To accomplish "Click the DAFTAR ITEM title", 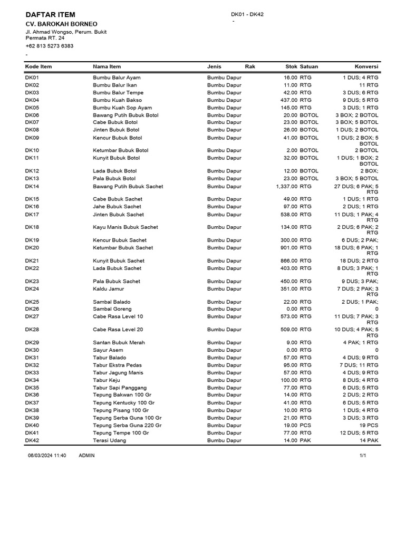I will tap(51, 15).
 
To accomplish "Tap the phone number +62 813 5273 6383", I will tap(50, 46).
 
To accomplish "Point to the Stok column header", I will tap(291, 66).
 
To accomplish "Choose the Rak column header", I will tap(250, 66).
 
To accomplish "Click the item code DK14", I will tap(32, 186).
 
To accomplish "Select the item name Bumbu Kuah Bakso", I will tap(118, 100).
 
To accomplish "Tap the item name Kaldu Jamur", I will tap(109, 289).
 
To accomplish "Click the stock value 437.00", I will tap(288, 100).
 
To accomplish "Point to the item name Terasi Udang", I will tap(110, 440).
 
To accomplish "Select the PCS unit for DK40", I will tap(305, 425).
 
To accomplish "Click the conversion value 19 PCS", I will tap(369, 425).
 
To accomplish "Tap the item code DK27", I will tap(32, 316).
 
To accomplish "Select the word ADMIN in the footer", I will tap(86, 456).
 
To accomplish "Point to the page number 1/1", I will tap(363, 456).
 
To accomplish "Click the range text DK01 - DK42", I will tap(247, 14).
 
